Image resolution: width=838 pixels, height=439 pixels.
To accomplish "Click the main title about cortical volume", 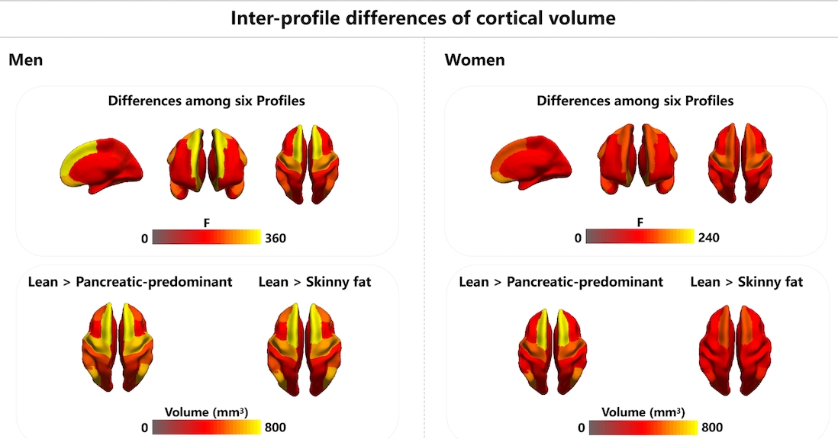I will click(423, 18).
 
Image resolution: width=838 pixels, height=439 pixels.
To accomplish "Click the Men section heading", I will click(25, 60).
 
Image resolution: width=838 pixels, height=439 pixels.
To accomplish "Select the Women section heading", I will click(474, 60).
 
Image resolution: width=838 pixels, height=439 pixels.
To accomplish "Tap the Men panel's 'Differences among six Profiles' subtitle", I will click(207, 101).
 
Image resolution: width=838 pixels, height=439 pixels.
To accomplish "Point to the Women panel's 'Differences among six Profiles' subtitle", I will click(635, 101).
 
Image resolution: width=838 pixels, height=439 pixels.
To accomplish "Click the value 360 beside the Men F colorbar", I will click(275, 239).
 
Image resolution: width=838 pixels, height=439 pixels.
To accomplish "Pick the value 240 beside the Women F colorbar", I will click(708, 239).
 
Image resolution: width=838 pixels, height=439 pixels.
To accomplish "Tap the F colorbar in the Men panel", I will click(207, 238).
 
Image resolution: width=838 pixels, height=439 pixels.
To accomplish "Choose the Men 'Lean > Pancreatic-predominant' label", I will click(130, 283).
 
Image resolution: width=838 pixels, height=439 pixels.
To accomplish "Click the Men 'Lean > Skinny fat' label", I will click(315, 283).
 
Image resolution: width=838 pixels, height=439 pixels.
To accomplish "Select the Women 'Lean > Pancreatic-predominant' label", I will click(561, 283).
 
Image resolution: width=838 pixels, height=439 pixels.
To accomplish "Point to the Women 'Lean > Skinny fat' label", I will click(746, 283).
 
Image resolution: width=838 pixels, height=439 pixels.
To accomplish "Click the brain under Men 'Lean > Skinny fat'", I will click(303, 347).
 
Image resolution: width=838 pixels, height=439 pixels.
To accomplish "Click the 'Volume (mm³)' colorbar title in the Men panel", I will click(206, 412).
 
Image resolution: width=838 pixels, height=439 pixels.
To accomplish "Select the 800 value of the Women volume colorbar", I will click(711, 428).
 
